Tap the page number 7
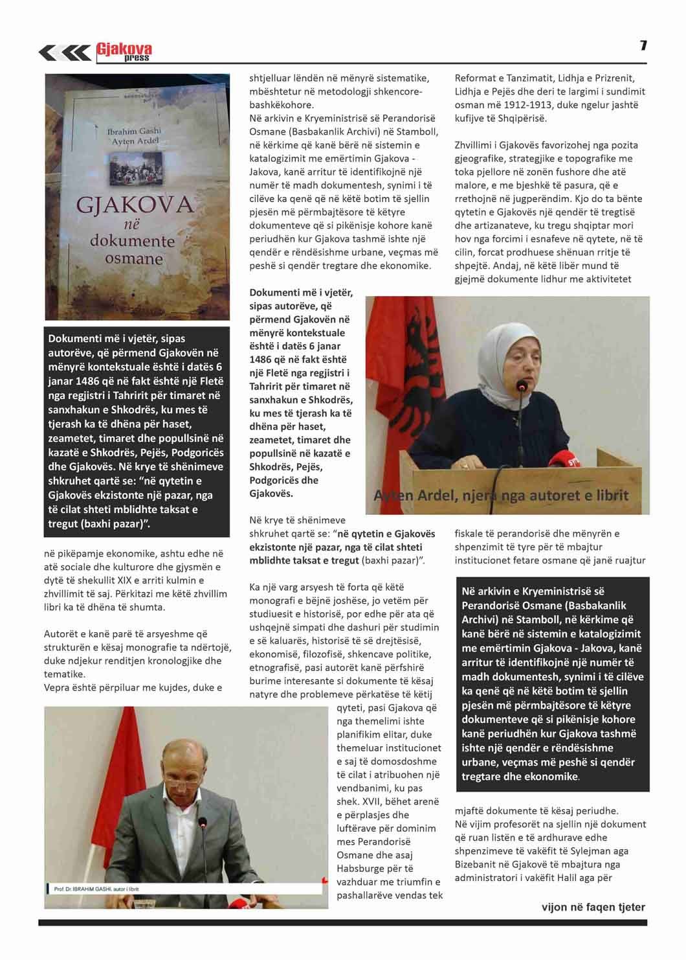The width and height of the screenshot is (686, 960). coord(643,45)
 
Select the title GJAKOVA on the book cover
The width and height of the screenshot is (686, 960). coord(135,205)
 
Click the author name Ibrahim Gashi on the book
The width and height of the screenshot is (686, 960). coord(134,131)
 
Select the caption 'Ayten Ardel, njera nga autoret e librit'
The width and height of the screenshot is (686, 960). coord(501,496)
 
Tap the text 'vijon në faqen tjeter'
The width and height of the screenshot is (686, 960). coord(593,907)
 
